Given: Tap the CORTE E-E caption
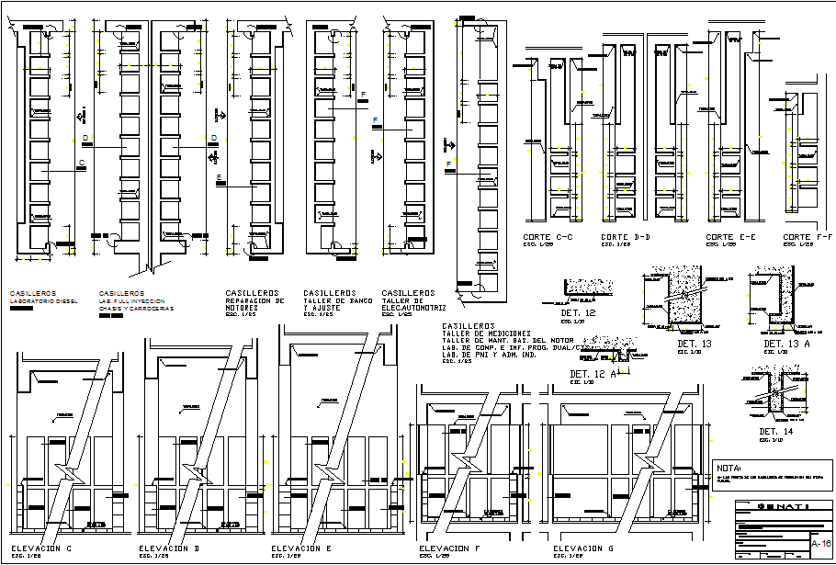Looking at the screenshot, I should [x=731, y=237].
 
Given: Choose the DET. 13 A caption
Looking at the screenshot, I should [x=786, y=344].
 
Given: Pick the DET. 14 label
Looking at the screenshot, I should [x=776, y=431].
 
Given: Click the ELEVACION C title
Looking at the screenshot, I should [x=42, y=548].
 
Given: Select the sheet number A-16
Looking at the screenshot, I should [x=821, y=545].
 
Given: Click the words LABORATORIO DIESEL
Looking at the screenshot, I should [x=43, y=300].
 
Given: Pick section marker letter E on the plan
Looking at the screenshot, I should [x=219, y=176].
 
